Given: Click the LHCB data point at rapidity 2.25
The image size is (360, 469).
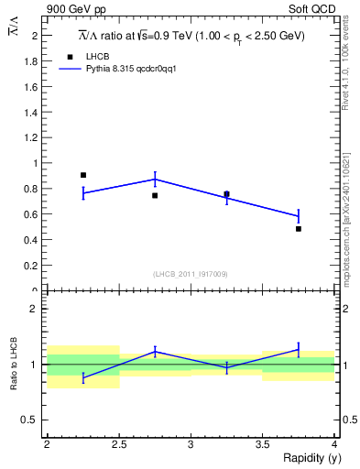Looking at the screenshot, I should pos(83,175).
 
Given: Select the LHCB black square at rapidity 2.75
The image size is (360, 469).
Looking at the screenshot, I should pos(155,195).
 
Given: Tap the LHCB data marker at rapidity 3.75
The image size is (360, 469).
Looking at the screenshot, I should pos(299,229).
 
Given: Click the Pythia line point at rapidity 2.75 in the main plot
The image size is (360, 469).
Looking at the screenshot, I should pos(155,180).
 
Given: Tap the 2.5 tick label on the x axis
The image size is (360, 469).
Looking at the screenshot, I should pos(118,444).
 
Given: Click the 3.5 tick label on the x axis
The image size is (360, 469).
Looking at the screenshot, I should pos(263,444).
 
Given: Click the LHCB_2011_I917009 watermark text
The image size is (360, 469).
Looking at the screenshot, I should pos(190,274).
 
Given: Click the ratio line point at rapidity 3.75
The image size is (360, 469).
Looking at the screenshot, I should pos(299,349).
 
